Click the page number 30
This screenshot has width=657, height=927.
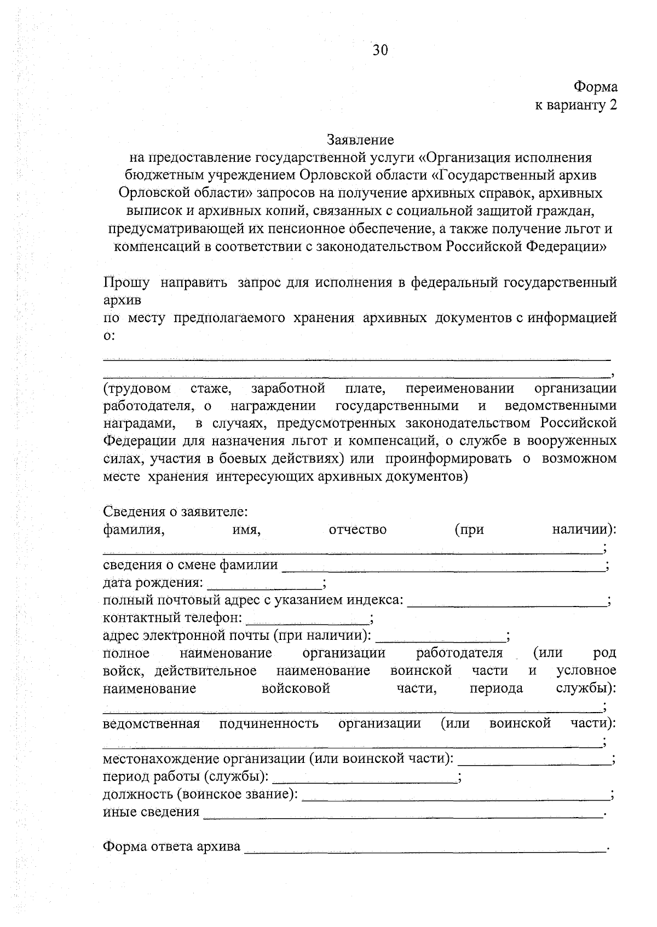(x=380, y=51)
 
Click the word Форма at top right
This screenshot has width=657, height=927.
(x=595, y=87)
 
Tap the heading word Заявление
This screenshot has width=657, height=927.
(x=360, y=140)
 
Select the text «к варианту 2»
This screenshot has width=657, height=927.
(x=575, y=105)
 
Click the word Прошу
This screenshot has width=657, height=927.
(x=126, y=283)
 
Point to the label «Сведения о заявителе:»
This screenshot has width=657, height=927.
(x=175, y=512)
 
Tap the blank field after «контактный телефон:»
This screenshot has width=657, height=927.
(x=308, y=620)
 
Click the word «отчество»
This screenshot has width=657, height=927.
(x=358, y=529)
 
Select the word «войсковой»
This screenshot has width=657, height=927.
(x=296, y=688)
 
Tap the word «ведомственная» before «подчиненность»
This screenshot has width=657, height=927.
(x=151, y=724)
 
